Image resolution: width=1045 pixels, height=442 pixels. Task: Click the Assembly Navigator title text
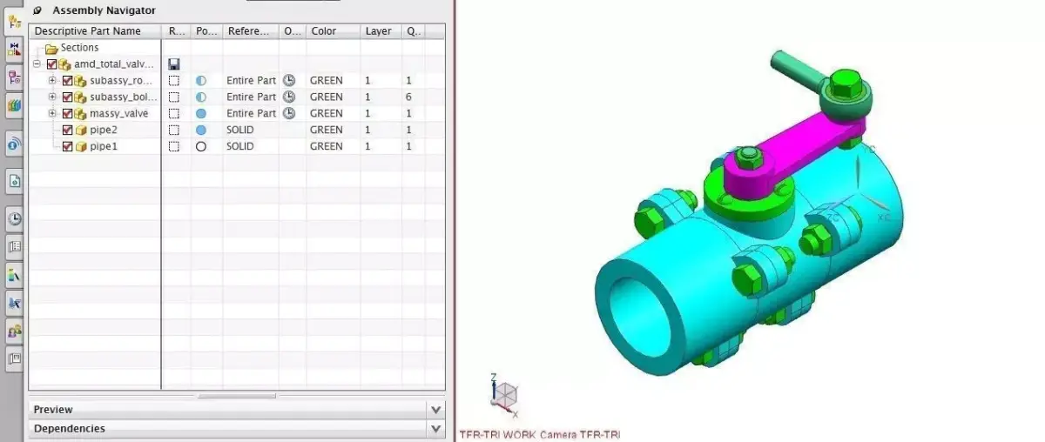pyautogui.click(x=104, y=10)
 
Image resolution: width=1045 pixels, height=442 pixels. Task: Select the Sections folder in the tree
pyautogui.click(x=79, y=48)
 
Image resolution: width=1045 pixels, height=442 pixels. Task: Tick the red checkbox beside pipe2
pyautogui.click(x=67, y=130)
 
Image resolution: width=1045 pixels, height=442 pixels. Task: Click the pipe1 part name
pyautogui.click(x=103, y=146)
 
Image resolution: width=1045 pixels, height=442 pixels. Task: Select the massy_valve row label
pyautogui.click(x=118, y=113)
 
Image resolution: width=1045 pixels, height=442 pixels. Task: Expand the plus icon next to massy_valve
pyautogui.click(x=52, y=113)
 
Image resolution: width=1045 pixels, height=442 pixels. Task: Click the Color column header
pyautogui.click(x=323, y=31)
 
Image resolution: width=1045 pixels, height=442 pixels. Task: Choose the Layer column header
pyautogui.click(x=378, y=31)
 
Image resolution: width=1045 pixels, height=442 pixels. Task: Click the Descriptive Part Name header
pyautogui.click(x=87, y=31)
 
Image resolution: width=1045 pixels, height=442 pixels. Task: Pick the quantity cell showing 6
pyautogui.click(x=408, y=97)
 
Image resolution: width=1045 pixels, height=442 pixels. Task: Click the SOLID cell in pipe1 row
pyautogui.click(x=240, y=146)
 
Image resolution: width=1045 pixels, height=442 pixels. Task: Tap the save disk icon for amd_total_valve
pyautogui.click(x=174, y=64)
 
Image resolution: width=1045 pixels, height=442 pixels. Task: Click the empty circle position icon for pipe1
pyautogui.click(x=201, y=146)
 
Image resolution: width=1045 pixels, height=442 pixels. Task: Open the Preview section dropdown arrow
pyautogui.click(x=436, y=409)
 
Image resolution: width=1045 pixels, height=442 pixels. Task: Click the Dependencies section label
pyautogui.click(x=70, y=428)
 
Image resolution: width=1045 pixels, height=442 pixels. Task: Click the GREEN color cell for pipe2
pyautogui.click(x=327, y=130)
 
